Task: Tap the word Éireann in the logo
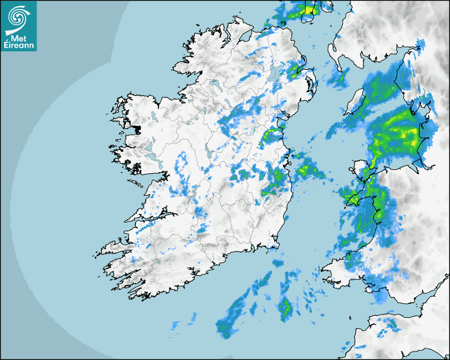19,46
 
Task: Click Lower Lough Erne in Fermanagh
214,84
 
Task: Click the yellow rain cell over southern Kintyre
309,9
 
